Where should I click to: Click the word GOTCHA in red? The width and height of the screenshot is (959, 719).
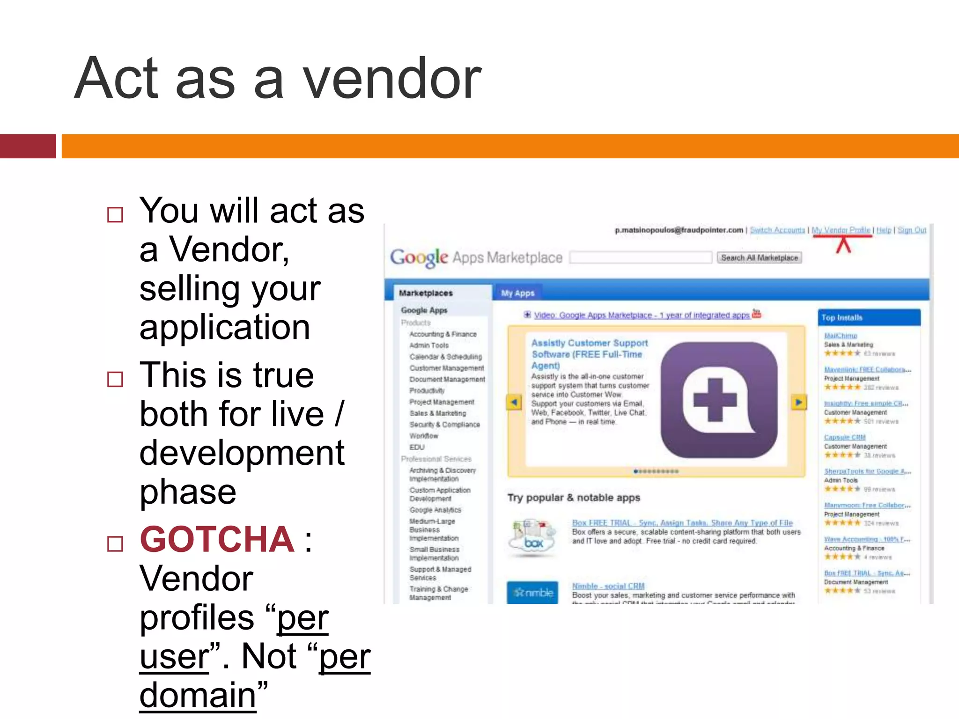pyautogui.click(x=217, y=540)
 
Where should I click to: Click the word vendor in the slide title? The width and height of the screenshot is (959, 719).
pyautogui.click(x=391, y=79)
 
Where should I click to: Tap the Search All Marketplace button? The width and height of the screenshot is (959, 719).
pyautogui.click(x=759, y=257)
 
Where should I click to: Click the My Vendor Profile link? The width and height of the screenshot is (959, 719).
pyautogui.click(x=841, y=230)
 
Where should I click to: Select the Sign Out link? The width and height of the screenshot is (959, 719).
pyautogui.click(x=911, y=230)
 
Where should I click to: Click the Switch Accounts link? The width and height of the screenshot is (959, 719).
pyautogui.click(x=777, y=230)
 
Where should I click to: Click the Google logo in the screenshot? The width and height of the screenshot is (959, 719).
pyautogui.click(x=419, y=257)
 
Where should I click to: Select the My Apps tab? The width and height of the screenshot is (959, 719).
pyautogui.click(x=517, y=293)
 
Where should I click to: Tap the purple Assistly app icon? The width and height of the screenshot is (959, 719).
pyautogui.click(x=719, y=400)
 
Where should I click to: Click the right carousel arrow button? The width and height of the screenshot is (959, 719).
pyautogui.click(x=798, y=402)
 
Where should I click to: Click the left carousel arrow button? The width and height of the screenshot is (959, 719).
pyautogui.click(x=514, y=402)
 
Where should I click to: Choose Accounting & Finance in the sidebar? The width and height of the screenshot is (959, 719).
pyautogui.click(x=443, y=334)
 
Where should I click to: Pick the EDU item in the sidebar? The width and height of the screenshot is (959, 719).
pyautogui.click(x=417, y=447)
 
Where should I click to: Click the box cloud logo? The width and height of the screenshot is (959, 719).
pyautogui.click(x=533, y=538)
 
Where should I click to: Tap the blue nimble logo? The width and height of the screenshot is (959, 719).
pyautogui.click(x=532, y=593)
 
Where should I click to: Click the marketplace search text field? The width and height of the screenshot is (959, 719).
pyautogui.click(x=641, y=257)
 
